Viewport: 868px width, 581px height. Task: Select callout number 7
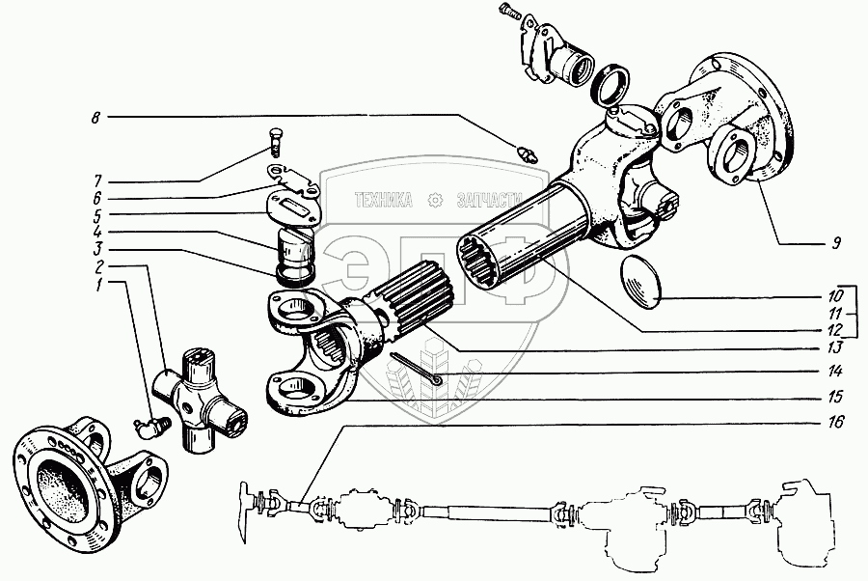[98, 180]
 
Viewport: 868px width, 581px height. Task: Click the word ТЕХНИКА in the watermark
[384, 201]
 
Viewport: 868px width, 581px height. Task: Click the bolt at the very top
[509, 13]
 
